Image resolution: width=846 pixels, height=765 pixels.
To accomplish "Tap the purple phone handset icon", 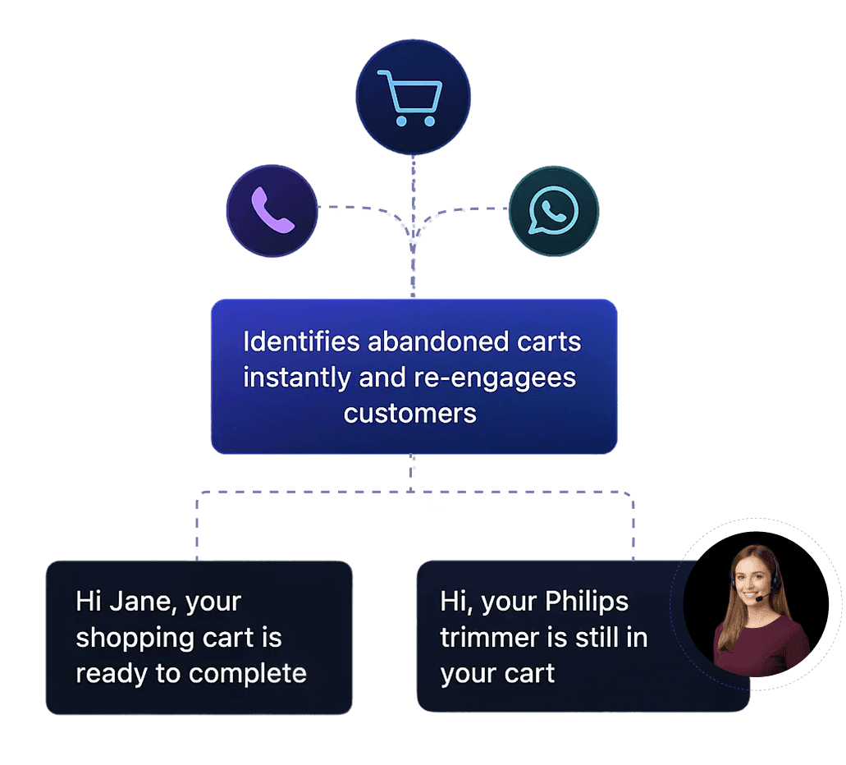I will pos(272,211).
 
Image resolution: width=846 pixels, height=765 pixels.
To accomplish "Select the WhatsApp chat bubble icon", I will pos(554,211).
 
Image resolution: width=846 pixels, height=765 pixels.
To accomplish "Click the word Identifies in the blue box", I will pos(301,341).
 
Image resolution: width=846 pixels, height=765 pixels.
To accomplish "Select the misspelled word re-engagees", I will pos(491,378).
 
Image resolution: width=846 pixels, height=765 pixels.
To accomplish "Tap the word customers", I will pos(409,413).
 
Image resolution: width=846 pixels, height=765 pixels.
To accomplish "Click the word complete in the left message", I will pos(247,674).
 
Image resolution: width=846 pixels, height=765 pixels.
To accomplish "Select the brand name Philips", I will pos(587,602).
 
